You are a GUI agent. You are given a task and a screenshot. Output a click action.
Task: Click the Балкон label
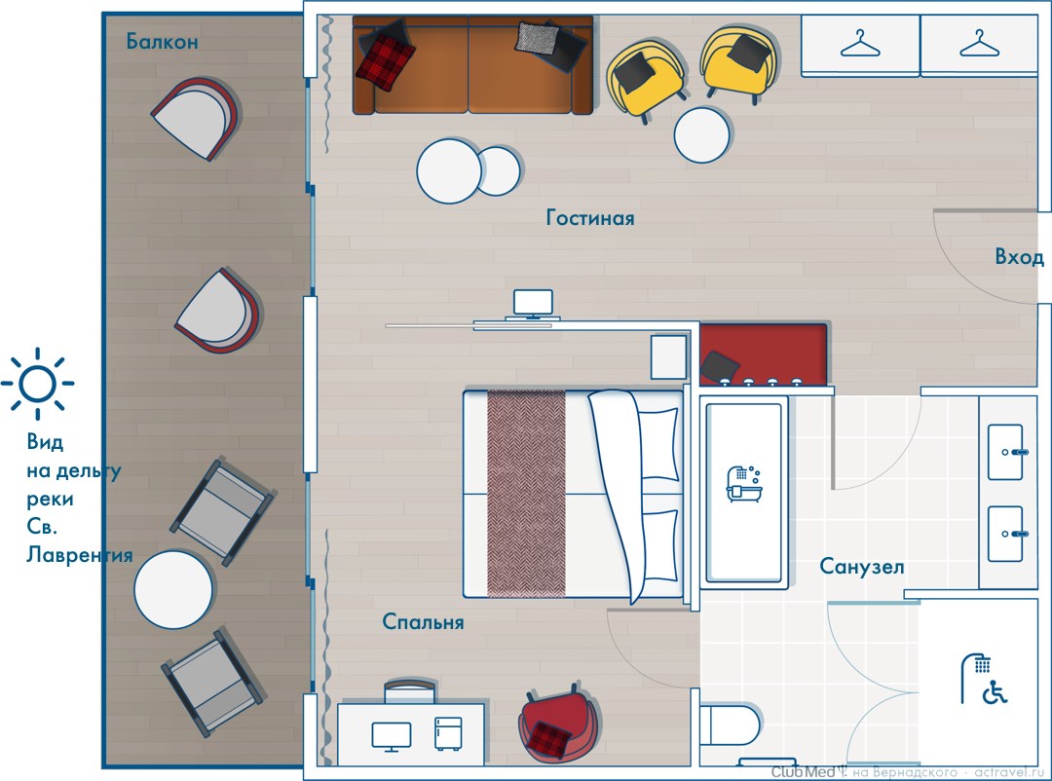click(162, 42)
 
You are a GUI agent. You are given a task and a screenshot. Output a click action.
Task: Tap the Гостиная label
click(589, 217)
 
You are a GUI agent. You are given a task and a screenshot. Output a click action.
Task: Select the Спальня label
click(423, 621)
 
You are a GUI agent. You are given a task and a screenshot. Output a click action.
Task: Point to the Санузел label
click(861, 567)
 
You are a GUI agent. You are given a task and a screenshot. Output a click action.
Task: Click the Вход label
click(1019, 257)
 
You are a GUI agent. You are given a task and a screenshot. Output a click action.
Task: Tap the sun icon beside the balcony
click(38, 384)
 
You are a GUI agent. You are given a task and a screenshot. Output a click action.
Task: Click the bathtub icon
click(743, 483)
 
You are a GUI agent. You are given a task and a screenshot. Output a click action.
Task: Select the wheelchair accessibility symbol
click(995, 692)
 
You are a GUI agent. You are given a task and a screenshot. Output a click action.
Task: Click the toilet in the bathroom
click(730, 725)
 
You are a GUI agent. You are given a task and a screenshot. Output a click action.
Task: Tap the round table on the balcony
click(173, 590)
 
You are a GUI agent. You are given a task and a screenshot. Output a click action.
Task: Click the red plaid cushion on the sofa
click(385, 61)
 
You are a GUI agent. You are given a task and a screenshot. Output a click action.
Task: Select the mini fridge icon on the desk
click(447, 733)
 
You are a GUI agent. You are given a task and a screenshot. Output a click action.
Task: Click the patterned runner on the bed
click(526, 493)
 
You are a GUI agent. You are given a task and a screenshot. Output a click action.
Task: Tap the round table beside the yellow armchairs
click(701, 134)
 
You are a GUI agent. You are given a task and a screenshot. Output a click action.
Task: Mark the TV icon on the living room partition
click(534, 304)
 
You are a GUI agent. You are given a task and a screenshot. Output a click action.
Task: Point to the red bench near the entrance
click(764, 354)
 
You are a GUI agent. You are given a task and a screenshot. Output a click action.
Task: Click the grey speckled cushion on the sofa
click(537, 38)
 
